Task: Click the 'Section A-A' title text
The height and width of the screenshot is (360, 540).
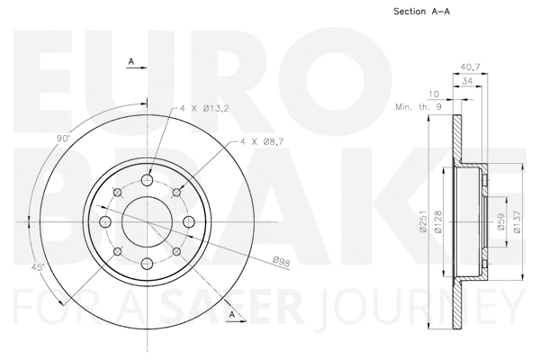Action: pyautogui.click(x=421, y=12)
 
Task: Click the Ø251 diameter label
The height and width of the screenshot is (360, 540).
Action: pyautogui.click(x=421, y=223)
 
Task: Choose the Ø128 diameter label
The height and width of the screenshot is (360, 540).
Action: pyautogui.click(x=437, y=223)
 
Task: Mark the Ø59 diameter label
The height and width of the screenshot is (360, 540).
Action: pyautogui.click(x=501, y=223)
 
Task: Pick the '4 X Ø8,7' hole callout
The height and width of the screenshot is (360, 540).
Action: pyautogui.click(x=261, y=141)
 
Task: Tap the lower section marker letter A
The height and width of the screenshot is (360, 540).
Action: pyautogui.click(x=233, y=313)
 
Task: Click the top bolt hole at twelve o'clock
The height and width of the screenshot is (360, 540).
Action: pyautogui.click(x=149, y=177)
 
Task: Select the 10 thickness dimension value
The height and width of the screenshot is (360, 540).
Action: pyautogui.click(x=435, y=93)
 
